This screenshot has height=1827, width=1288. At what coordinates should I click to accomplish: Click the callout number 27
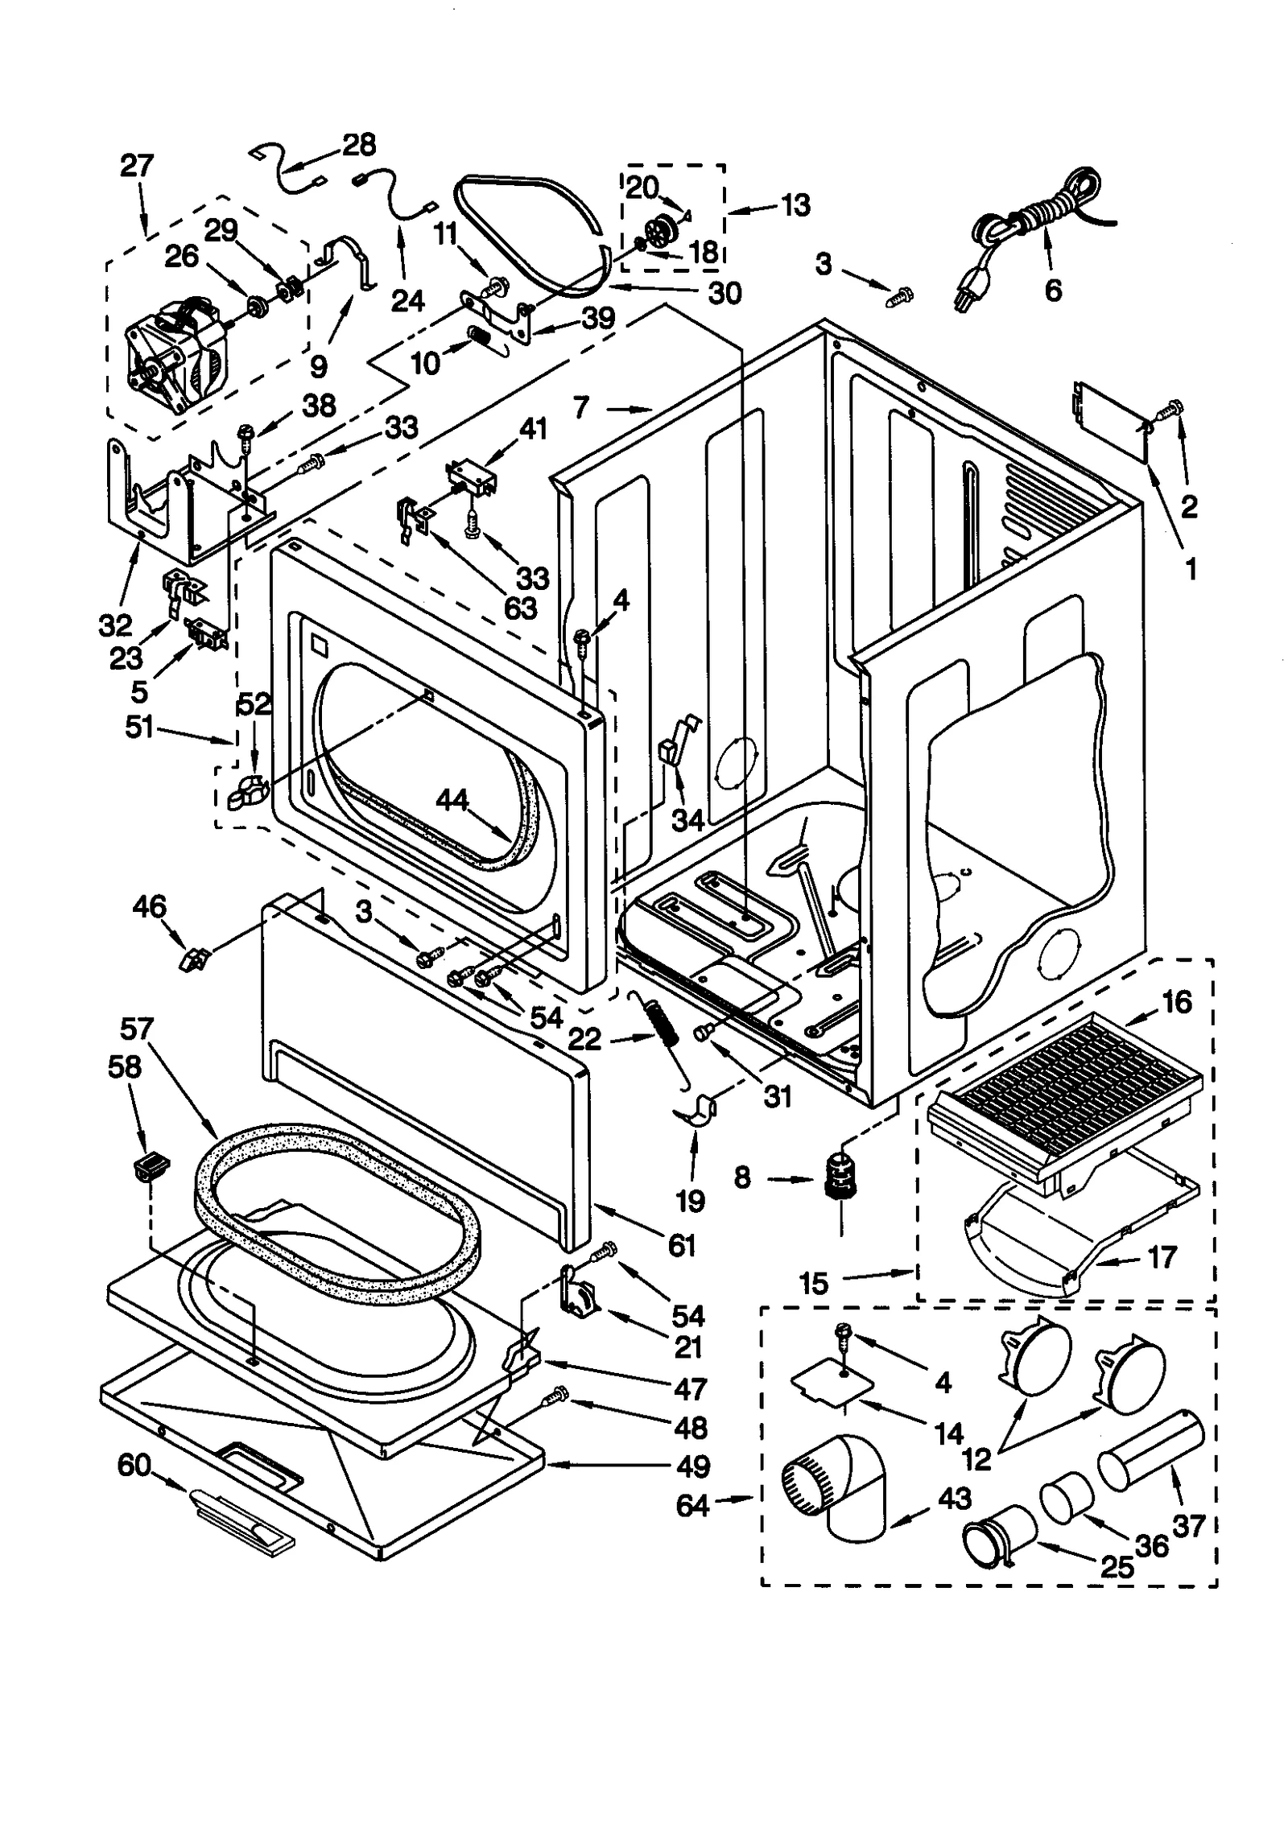136,167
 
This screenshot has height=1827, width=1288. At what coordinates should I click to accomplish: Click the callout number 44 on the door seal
452,799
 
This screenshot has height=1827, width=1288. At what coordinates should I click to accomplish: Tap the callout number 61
681,1246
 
